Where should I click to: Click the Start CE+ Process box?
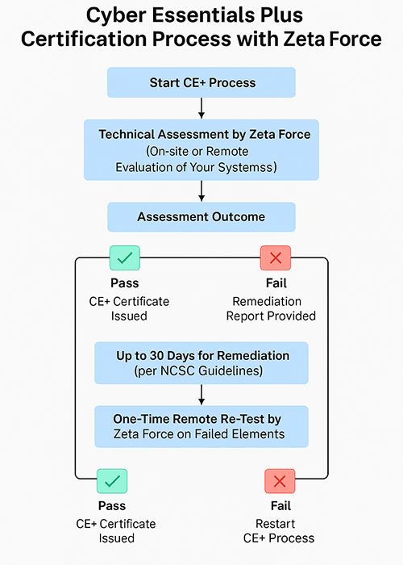(201, 82)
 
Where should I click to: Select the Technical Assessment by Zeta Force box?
(201, 150)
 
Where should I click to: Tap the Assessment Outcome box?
(201, 217)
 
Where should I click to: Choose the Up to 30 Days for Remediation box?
(201, 363)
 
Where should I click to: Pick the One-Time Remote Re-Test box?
(201, 426)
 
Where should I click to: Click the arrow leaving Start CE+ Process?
(201, 108)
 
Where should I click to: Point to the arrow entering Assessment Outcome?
(201, 191)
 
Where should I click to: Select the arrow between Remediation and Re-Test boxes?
(201, 395)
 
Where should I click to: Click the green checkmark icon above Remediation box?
(125, 257)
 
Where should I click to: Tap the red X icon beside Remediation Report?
(276, 257)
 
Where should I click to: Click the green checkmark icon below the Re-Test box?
(112, 481)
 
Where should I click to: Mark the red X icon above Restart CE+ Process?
(280, 481)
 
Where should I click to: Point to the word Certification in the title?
(84, 39)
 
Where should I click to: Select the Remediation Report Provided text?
(271, 308)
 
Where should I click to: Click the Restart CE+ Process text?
(279, 531)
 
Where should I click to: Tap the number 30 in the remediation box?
(156, 356)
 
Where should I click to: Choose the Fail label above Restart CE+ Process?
(280, 505)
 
